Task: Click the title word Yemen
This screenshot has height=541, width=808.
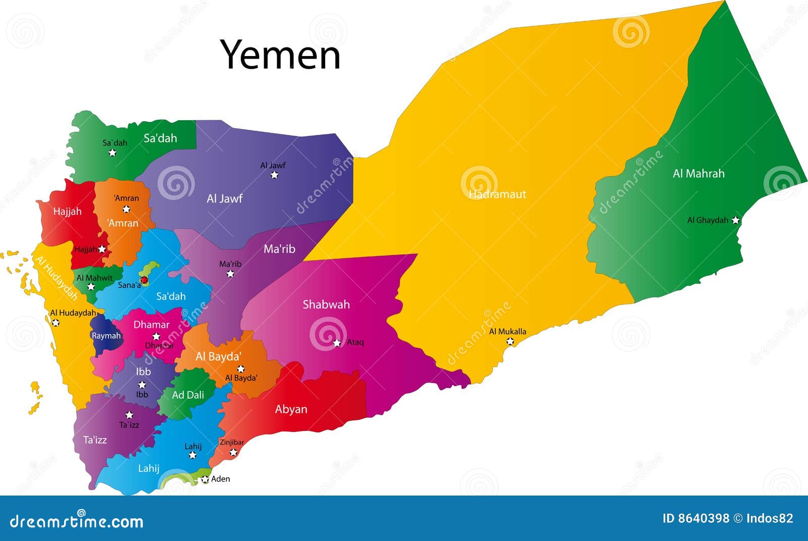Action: click(280, 55)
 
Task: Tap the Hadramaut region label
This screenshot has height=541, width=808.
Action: click(497, 194)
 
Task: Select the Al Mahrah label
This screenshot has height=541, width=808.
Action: click(698, 173)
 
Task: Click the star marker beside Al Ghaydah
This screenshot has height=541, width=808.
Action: click(735, 220)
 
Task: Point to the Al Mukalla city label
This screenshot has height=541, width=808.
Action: click(508, 331)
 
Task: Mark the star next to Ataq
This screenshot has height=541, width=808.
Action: click(337, 343)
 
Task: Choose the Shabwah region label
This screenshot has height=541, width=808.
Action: click(326, 304)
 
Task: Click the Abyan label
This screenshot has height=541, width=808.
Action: click(291, 409)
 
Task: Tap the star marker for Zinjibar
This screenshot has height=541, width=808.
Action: click(233, 452)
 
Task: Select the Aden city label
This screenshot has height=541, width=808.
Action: click(220, 479)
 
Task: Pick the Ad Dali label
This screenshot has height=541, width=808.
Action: click(188, 395)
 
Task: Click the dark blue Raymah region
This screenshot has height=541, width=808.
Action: click(106, 335)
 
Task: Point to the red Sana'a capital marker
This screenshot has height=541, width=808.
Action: click(144, 279)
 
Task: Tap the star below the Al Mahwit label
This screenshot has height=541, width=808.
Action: click(91, 287)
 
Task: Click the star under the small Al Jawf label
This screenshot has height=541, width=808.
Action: click(274, 175)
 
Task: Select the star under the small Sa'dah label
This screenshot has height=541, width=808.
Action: click(113, 152)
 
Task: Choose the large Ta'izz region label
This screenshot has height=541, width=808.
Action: click(95, 439)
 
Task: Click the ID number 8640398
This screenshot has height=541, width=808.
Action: click(696, 518)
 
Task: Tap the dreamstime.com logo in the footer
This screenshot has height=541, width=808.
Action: click(77, 520)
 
